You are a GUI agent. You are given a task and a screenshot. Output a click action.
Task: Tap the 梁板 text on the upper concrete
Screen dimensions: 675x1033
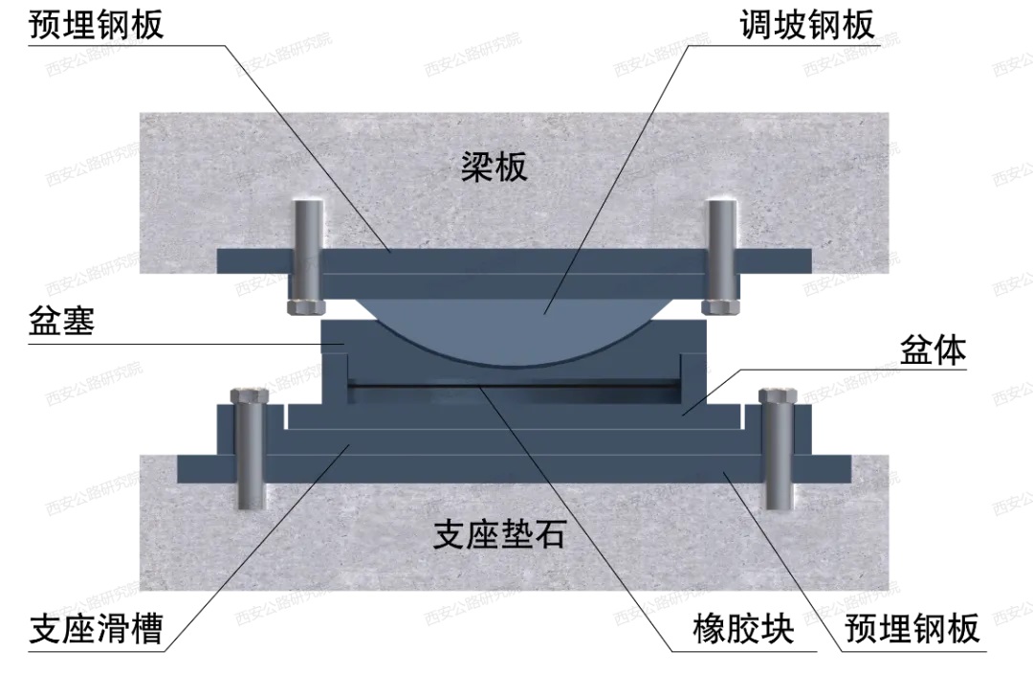(494, 169)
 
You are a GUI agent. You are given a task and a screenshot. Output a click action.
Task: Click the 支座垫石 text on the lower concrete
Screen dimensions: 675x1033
(498, 534)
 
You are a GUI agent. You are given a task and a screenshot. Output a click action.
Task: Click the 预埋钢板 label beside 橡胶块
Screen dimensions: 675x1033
(912, 629)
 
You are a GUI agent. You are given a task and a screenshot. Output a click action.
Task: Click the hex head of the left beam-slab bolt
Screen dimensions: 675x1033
(306, 306)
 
